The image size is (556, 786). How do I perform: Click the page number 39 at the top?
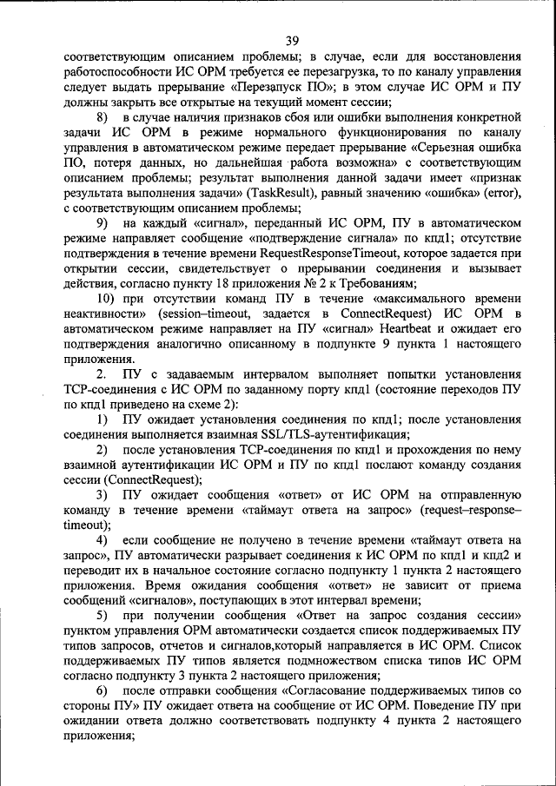291,39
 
